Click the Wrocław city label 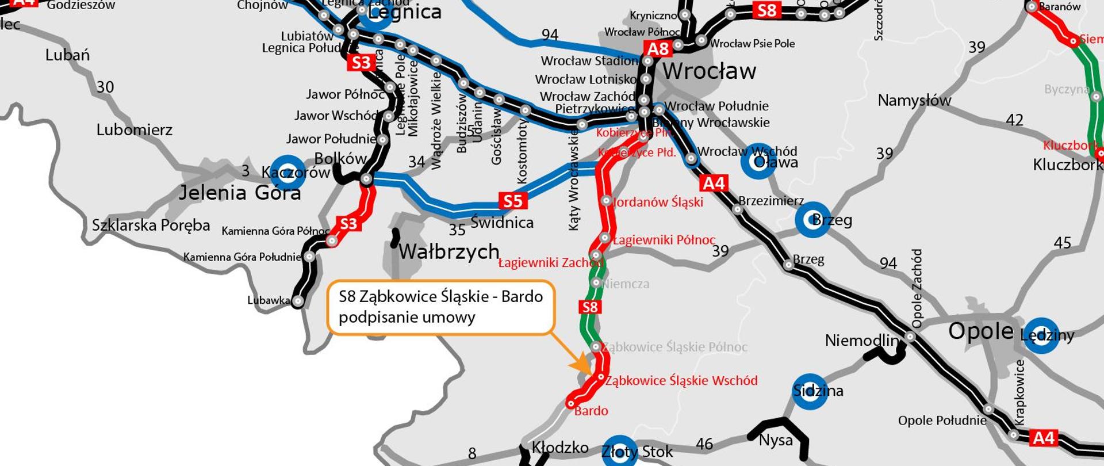[x=709, y=71]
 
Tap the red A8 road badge [x=658, y=48]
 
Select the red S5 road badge [x=512, y=201]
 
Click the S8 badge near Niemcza [x=590, y=307]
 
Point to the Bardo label [x=591, y=411]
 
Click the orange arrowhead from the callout [x=582, y=366]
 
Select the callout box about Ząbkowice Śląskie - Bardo [x=440, y=307]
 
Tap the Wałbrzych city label [x=448, y=251]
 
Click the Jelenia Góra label [x=239, y=192]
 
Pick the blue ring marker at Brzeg [x=812, y=219]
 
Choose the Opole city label [x=980, y=331]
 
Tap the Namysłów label [x=914, y=101]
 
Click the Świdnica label [x=502, y=222]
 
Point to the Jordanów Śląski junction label [x=658, y=202]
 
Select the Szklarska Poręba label [x=151, y=225]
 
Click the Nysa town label [x=776, y=441]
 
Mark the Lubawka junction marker [x=298, y=301]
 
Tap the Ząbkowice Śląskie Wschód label [x=681, y=380]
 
